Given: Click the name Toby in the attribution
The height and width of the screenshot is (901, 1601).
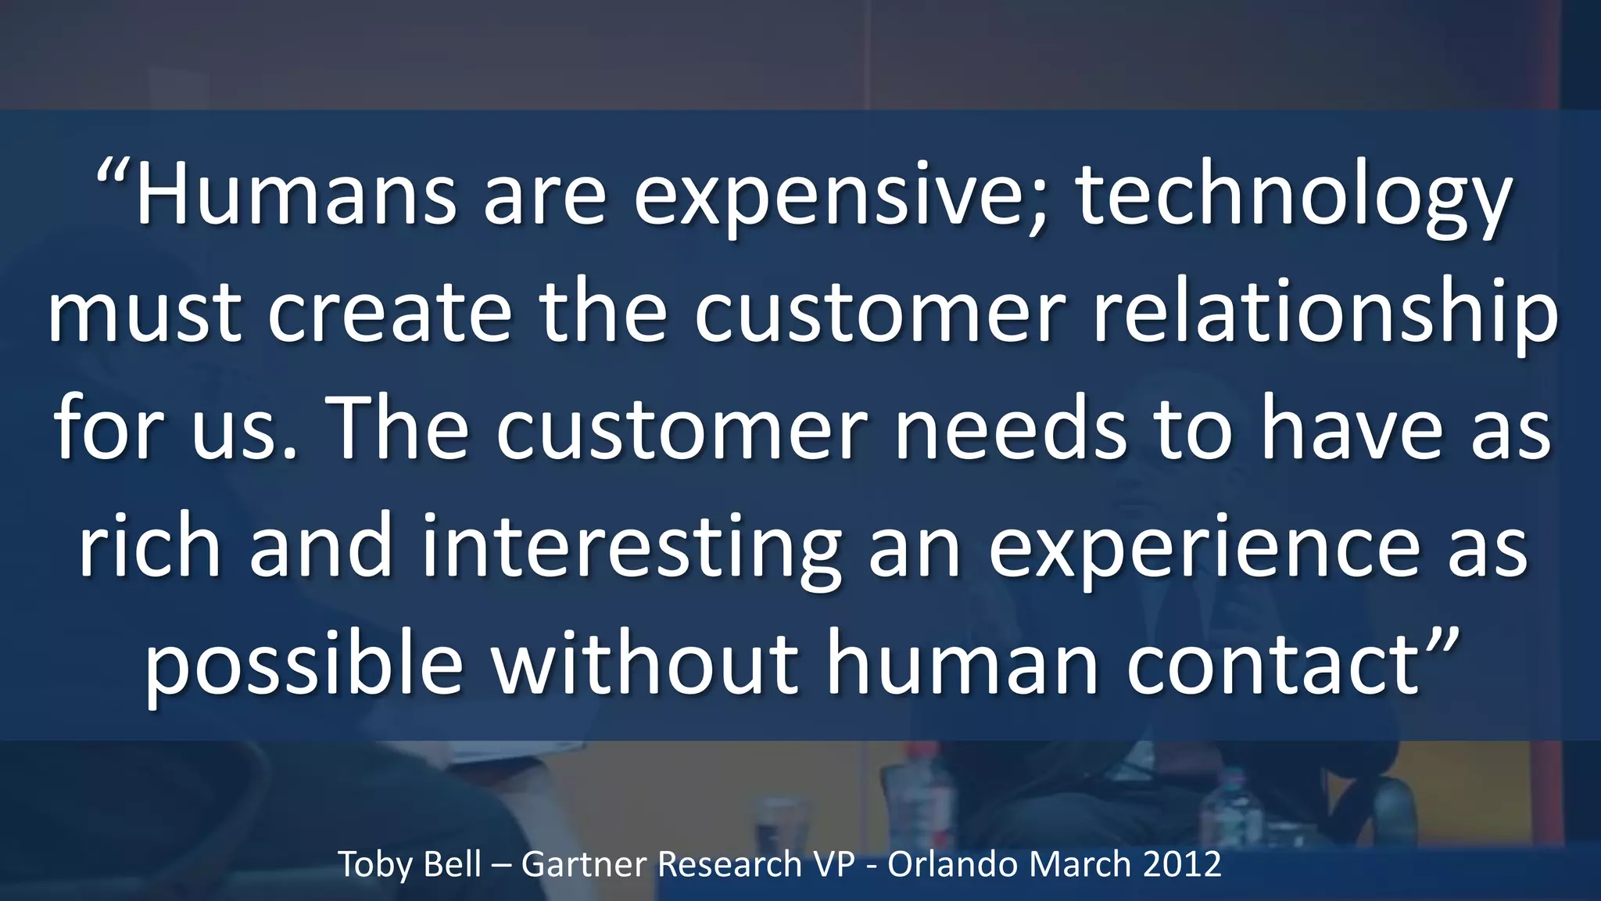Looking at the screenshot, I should click(x=371, y=865).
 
